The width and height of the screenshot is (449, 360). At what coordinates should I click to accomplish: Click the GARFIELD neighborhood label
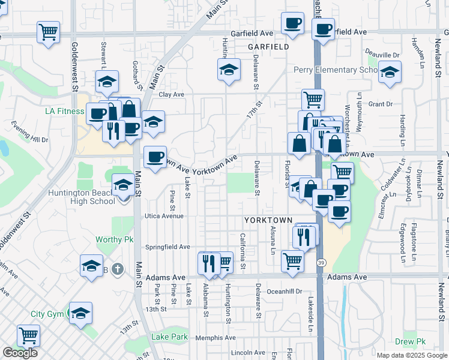pyautogui.click(x=268, y=46)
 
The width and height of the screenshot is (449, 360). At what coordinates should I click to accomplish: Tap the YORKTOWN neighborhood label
pyautogui.click(x=268, y=220)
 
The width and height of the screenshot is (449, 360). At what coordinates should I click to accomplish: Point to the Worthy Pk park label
pyautogui.click(x=114, y=239)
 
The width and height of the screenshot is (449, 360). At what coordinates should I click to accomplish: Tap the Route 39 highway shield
pyautogui.click(x=322, y=263)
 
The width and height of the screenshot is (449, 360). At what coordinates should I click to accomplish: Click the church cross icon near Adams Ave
pyautogui.click(x=118, y=268)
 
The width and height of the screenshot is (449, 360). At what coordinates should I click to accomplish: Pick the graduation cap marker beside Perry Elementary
pyautogui.click(x=390, y=73)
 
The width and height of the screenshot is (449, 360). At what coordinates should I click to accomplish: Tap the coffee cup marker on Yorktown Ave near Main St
pyautogui.click(x=155, y=157)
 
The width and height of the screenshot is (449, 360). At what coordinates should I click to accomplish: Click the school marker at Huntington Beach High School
pyautogui.click(x=123, y=185)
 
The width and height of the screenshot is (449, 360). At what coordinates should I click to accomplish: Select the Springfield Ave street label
pyautogui.click(x=168, y=247)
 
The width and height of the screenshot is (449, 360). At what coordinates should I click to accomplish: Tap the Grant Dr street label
pyautogui.click(x=380, y=104)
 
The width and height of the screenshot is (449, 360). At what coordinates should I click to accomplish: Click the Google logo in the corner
pyautogui.click(x=20, y=353)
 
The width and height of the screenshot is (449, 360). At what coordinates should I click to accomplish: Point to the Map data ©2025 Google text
pyautogui.click(x=411, y=355)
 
